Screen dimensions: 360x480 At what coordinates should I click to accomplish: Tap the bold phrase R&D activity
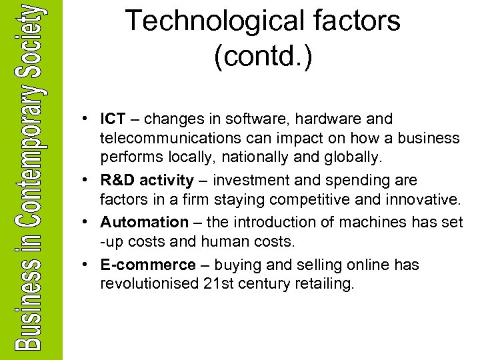(x=146, y=181)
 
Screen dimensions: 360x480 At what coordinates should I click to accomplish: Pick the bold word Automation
(x=145, y=222)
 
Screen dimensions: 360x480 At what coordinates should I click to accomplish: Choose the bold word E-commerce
(x=148, y=265)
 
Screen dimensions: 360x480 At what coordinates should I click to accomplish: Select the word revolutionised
(x=148, y=284)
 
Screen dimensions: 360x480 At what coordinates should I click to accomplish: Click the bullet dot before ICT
(x=87, y=119)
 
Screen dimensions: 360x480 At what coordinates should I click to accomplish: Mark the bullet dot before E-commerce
(x=87, y=265)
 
